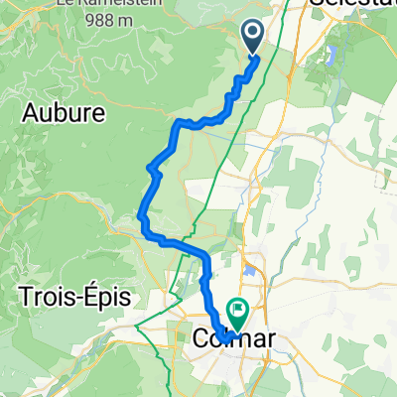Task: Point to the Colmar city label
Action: [x=231, y=339]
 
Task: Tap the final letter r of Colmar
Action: [x=269, y=339]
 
